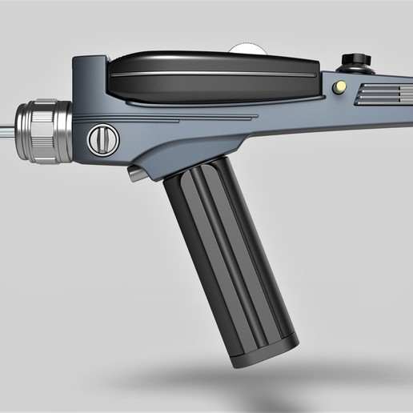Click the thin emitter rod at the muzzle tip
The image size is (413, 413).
(x=6, y=126)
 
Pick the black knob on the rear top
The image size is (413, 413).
(x=352, y=59)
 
